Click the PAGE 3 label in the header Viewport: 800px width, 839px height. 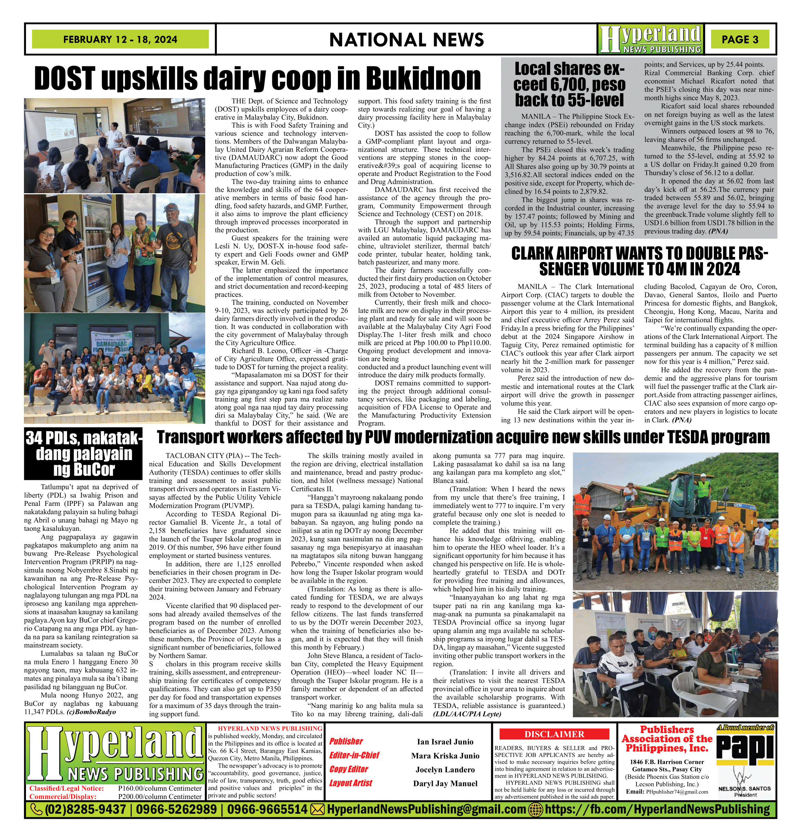[x=739, y=39]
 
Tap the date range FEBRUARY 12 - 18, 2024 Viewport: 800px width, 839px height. [x=120, y=39]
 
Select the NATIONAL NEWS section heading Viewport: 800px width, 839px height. [x=406, y=40]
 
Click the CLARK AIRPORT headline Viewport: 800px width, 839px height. [x=639, y=261]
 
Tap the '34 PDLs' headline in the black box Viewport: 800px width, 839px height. [x=83, y=454]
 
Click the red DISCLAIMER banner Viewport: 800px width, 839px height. [x=554, y=734]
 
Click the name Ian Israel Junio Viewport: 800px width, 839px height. [x=445, y=742]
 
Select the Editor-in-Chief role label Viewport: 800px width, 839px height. [x=354, y=756]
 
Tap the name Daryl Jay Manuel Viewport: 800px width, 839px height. [x=445, y=784]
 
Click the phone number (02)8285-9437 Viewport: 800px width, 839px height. [x=85, y=809]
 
